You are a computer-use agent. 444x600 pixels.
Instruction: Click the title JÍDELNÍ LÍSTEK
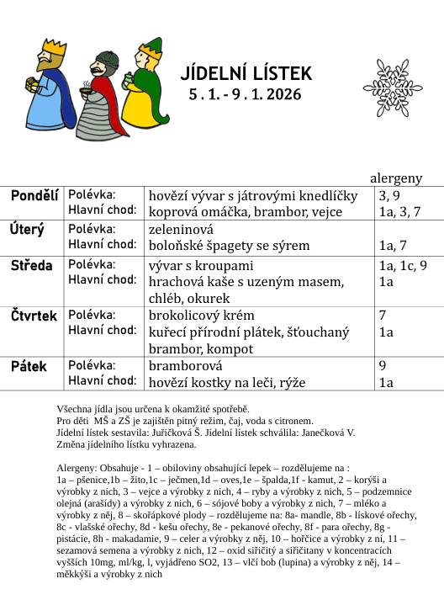246,73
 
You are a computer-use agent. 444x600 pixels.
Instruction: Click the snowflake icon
393,87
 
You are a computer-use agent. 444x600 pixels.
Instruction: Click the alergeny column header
396,178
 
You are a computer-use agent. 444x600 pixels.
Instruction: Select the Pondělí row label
34,195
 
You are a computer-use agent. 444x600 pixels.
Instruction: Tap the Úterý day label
27,229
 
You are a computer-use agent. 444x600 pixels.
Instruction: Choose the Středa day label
32,265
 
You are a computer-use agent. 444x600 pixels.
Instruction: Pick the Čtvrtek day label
34,316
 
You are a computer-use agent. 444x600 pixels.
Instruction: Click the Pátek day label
29,367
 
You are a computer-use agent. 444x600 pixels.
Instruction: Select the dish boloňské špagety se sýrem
230,246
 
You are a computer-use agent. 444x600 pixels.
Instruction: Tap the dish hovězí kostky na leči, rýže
227,383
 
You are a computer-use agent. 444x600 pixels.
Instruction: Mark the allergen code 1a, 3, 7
399,211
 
